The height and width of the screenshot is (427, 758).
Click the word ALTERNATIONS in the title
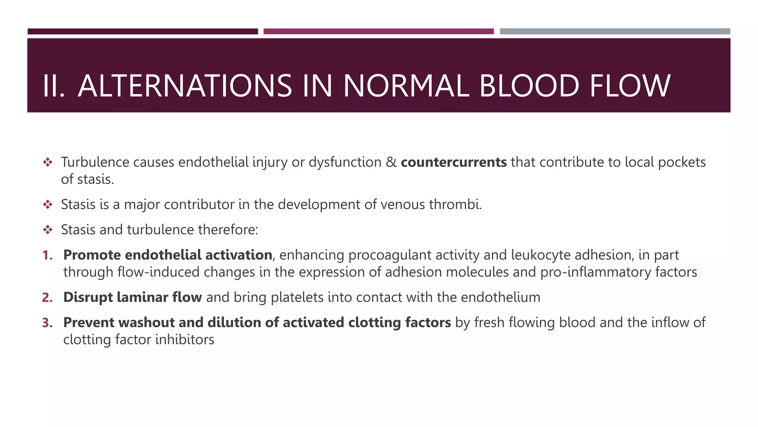(185, 86)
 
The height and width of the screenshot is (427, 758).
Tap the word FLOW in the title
(630, 86)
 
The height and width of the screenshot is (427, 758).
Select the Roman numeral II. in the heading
(54, 86)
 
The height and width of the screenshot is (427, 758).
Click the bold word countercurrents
(453, 162)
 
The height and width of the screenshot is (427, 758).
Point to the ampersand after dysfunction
(391, 162)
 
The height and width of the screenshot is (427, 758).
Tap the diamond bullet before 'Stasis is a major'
(47, 205)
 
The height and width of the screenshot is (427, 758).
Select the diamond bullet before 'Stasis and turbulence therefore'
(47, 230)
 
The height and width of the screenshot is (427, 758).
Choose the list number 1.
(47, 255)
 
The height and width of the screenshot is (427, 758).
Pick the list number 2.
(47, 297)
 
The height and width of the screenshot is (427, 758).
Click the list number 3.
(47, 322)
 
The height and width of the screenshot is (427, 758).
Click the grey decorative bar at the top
(615, 32)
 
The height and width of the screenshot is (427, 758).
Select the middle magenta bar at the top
(378, 32)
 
